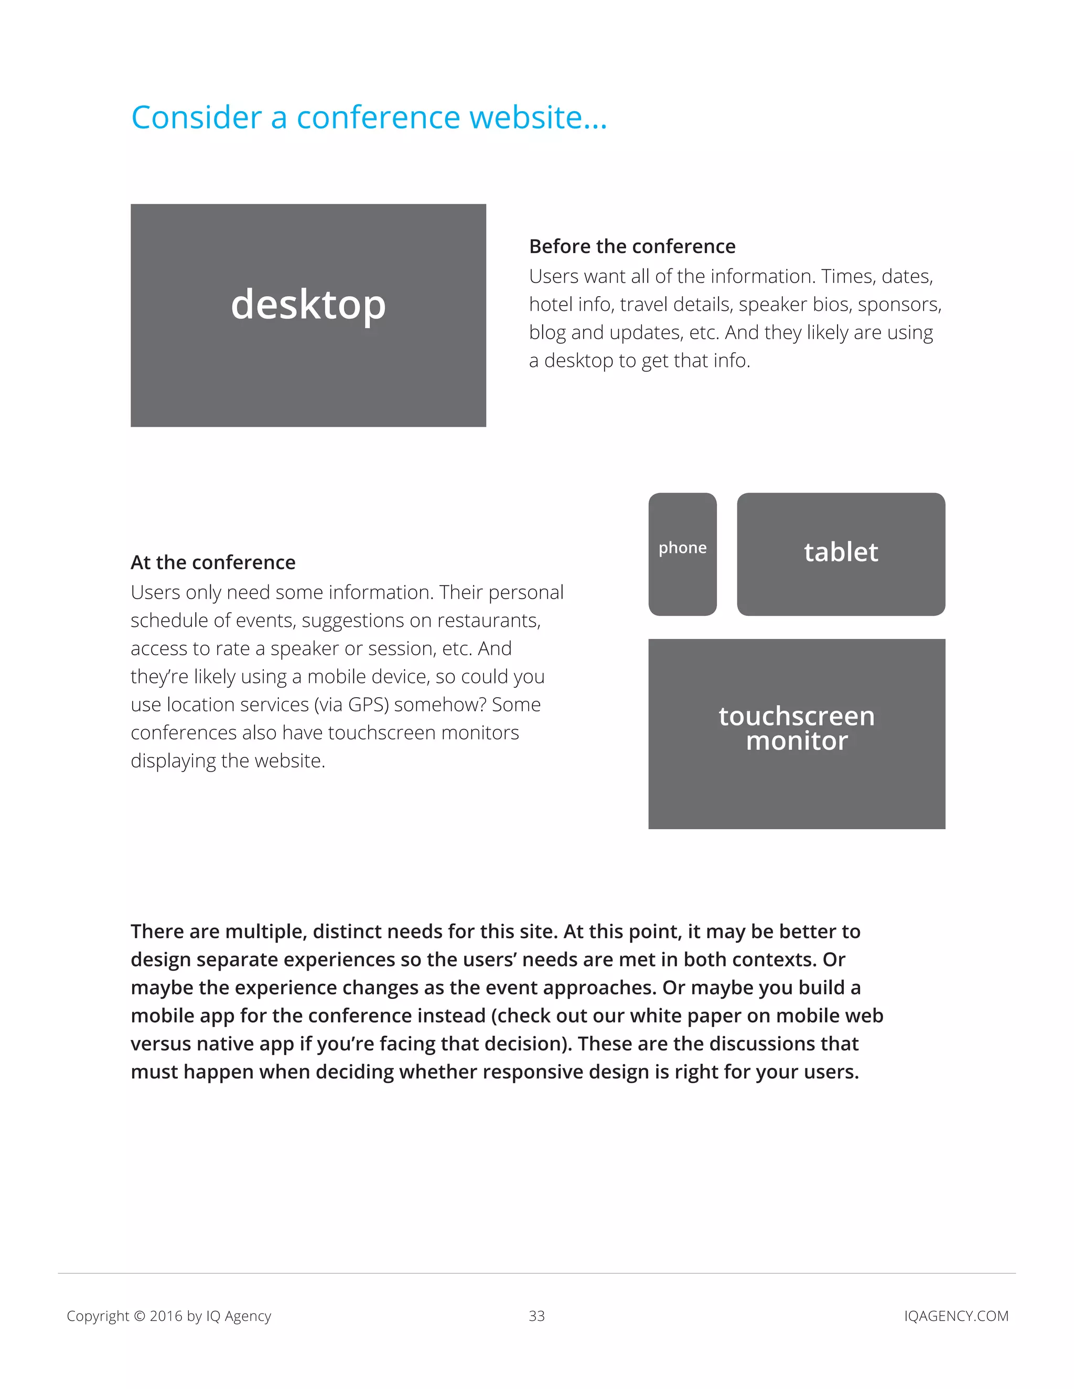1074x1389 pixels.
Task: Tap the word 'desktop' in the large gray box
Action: click(x=308, y=305)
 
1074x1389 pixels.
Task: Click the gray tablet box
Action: click(x=841, y=554)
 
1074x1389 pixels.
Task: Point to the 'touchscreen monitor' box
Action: click(x=797, y=733)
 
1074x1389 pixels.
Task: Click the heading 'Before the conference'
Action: click(x=632, y=246)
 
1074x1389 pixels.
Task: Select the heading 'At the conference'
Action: click(x=213, y=562)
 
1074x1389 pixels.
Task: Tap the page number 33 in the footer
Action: click(x=537, y=1316)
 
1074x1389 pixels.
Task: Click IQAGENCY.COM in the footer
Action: click(x=955, y=1316)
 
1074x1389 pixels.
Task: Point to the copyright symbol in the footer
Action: click(x=139, y=1316)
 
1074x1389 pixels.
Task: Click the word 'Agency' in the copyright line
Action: click(x=248, y=1316)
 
